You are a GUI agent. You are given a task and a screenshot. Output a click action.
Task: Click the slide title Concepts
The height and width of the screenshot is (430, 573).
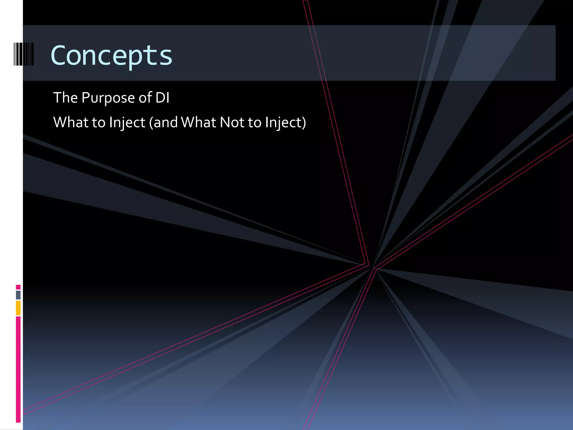point(111,55)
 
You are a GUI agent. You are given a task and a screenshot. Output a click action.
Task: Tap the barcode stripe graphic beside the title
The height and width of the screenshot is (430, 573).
point(24,54)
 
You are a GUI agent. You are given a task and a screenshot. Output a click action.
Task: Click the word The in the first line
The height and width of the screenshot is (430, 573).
point(65,98)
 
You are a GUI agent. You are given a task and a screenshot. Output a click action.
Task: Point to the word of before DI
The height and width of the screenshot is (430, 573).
point(145,98)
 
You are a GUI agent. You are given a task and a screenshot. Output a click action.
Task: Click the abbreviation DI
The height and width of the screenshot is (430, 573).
point(162,98)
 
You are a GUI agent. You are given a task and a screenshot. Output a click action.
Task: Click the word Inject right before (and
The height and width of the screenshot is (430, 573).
point(127,123)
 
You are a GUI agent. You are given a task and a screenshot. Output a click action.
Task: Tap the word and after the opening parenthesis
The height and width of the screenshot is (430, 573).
point(165,122)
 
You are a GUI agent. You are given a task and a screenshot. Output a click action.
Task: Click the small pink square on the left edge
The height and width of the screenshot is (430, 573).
point(18,287)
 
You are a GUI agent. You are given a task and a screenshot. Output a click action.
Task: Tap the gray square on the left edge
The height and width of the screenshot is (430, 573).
point(18,295)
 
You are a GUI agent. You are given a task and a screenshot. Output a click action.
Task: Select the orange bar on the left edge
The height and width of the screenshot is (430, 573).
point(18,308)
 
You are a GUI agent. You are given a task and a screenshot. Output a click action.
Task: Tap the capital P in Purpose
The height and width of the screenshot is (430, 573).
point(85,98)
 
